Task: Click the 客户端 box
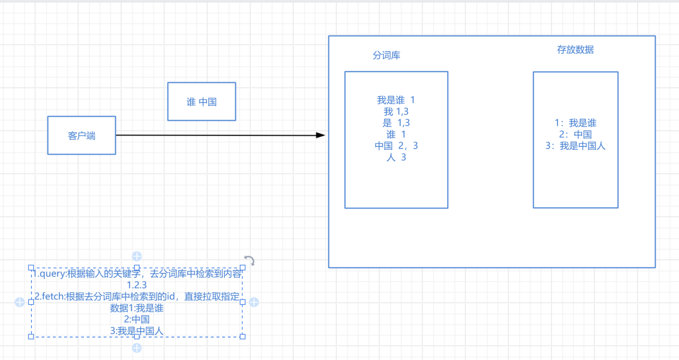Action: pos(81,135)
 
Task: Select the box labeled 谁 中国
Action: pos(201,102)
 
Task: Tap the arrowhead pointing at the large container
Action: pos(321,135)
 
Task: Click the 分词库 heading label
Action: pos(386,55)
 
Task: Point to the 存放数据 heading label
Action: pos(575,50)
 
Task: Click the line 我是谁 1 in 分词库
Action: pos(396,100)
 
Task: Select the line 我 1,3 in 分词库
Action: pos(396,112)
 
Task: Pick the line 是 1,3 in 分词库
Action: pos(396,123)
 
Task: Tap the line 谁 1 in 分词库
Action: pos(396,135)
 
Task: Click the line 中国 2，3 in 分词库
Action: pos(396,146)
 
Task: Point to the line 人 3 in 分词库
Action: pos(396,158)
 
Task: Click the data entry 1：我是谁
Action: pos(575,123)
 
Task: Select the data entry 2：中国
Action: pos(575,134)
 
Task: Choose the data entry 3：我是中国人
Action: pos(575,145)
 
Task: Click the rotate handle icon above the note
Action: pos(249,261)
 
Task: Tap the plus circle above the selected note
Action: pos(137,256)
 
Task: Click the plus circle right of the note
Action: pos(254,302)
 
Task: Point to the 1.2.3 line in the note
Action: pos(137,285)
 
